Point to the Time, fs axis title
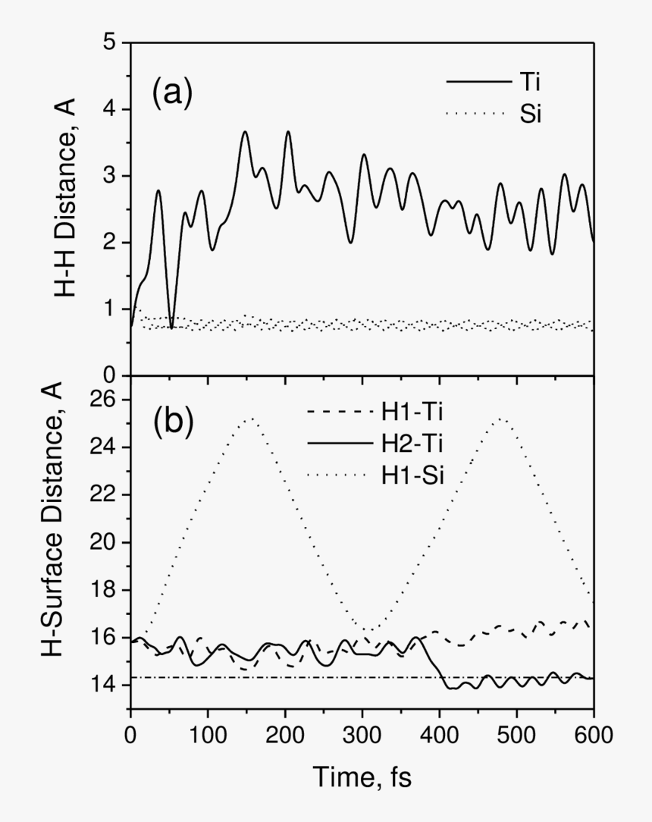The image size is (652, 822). [362, 777]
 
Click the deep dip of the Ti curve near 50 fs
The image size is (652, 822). [171, 328]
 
